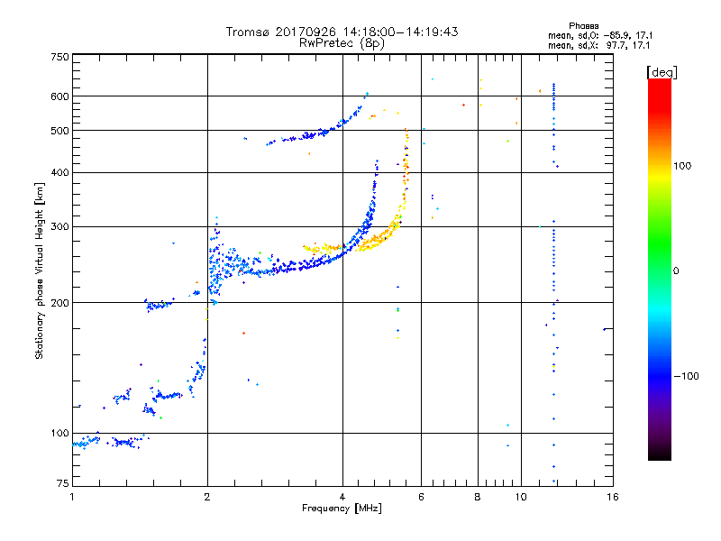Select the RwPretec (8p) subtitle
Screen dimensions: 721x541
(x=342, y=43)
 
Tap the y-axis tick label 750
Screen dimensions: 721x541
(x=59, y=57)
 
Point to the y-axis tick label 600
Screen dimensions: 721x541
(x=59, y=96)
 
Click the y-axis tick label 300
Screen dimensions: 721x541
(x=59, y=227)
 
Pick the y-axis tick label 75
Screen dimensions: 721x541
(x=63, y=483)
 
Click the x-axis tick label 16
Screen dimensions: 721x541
(x=613, y=497)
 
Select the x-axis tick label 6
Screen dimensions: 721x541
(x=421, y=497)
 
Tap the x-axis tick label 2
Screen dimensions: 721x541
(x=207, y=497)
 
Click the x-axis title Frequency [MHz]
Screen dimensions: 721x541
(x=342, y=509)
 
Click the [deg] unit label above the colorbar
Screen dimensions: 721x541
(x=662, y=72)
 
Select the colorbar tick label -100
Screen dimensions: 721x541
(x=686, y=376)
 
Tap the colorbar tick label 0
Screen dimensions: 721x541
(x=676, y=270)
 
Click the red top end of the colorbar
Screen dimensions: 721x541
(x=660, y=80)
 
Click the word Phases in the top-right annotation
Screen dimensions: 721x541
(x=583, y=26)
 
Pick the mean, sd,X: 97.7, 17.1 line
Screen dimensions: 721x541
(x=598, y=46)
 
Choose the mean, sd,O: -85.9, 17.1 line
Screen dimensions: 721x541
(x=600, y=35)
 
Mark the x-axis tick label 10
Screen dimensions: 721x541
(x=521, y=497)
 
